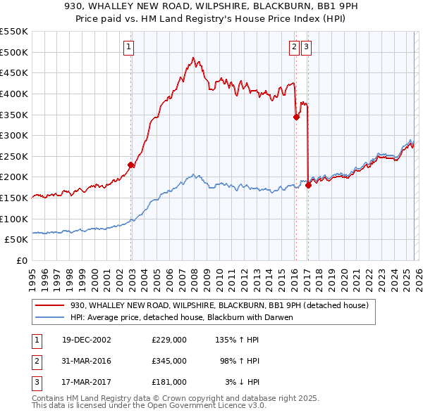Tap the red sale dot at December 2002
click(x=131, y=165)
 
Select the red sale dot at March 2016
click(x=296, y=117)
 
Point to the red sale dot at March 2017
click(x=308, y=185)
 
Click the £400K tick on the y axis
click(x=14, y=94)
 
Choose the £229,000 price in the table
click(x=169, y=339)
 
